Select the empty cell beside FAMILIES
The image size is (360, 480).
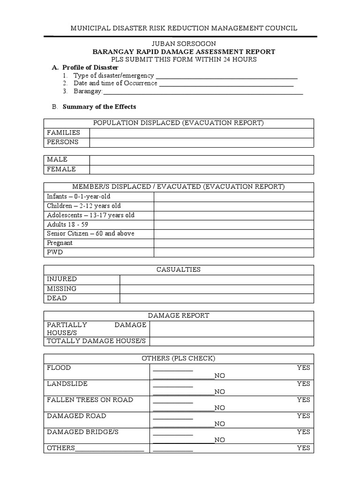(x=202, y=133)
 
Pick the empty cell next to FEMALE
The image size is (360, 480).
(x=202, y=170)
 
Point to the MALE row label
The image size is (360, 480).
(x=57, y=160)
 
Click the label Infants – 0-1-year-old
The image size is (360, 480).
(x=79, y=197)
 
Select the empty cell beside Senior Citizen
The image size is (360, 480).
(x=233, y=234)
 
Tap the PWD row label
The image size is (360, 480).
(x=55, y=253)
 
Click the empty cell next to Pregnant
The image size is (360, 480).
(x=233, y=243)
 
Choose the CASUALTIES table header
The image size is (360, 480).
(x=178, y=270)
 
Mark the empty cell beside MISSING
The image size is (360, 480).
(x=217, y=289)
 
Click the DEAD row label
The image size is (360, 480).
(x=57, y=299)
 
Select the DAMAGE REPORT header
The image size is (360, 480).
(x=179, y=316)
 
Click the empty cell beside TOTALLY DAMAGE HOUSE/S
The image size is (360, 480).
(x=232, y=341)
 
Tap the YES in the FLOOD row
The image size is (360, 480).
(x=303, y=368)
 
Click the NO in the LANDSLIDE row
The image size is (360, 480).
(x=220, y=392)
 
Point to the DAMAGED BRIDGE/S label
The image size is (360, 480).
(x=82, y=432)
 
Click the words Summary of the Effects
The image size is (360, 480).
(x=99, y=107)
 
